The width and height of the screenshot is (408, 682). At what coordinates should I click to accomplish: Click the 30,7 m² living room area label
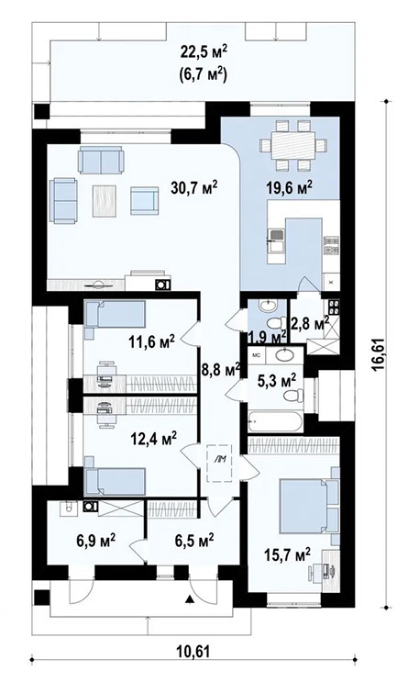pyautogui.click(x=193, y=188)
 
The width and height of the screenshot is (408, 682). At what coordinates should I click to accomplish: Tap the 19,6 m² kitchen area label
pyautogui.click(x=290, y=187)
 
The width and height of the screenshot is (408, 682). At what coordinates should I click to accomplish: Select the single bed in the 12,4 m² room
pyautogui.click(x=115, y=479)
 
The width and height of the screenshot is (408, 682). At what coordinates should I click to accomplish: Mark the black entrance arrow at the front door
pyautogui.click(x=189, y=599)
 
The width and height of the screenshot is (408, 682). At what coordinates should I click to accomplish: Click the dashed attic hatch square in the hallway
pyautogui.click(x=220, y=462)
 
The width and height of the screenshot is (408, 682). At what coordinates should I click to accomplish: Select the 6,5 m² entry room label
pyautogui.click(x=193, y=539)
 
